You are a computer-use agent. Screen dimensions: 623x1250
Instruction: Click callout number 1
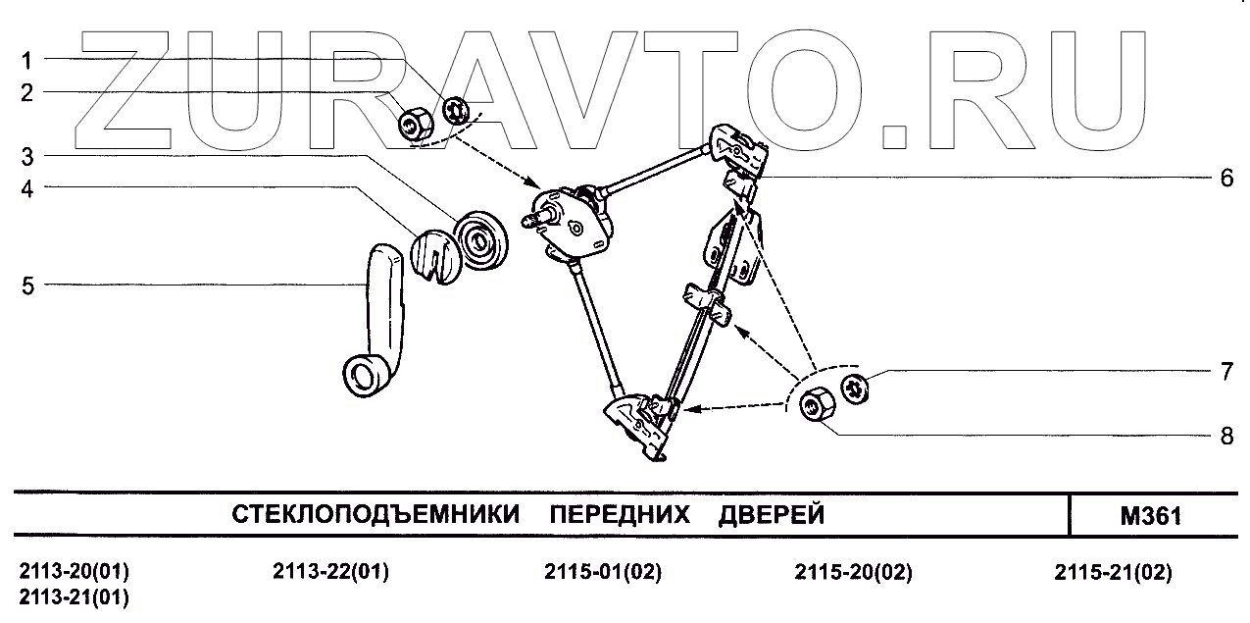coord(27,60)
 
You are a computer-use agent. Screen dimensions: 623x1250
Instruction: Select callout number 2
coord(27,93)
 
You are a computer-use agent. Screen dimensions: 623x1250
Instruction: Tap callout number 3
coord(27,156)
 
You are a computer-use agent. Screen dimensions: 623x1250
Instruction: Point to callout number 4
coord(27,188)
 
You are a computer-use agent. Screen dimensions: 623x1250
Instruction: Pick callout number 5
coord(27,286)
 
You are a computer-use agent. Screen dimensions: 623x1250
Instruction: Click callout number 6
coord(1225,179)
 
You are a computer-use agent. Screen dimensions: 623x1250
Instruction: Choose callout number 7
coord(1225,374)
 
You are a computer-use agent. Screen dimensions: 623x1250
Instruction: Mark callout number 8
coord(1225,436)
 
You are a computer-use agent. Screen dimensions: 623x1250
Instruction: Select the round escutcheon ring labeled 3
coord(481,238)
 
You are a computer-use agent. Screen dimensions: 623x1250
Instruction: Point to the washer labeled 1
coord(454,110)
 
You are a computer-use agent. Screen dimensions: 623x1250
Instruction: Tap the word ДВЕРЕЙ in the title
coord(772,515)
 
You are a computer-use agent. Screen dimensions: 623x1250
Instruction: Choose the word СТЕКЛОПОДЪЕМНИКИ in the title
coord(375,515)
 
